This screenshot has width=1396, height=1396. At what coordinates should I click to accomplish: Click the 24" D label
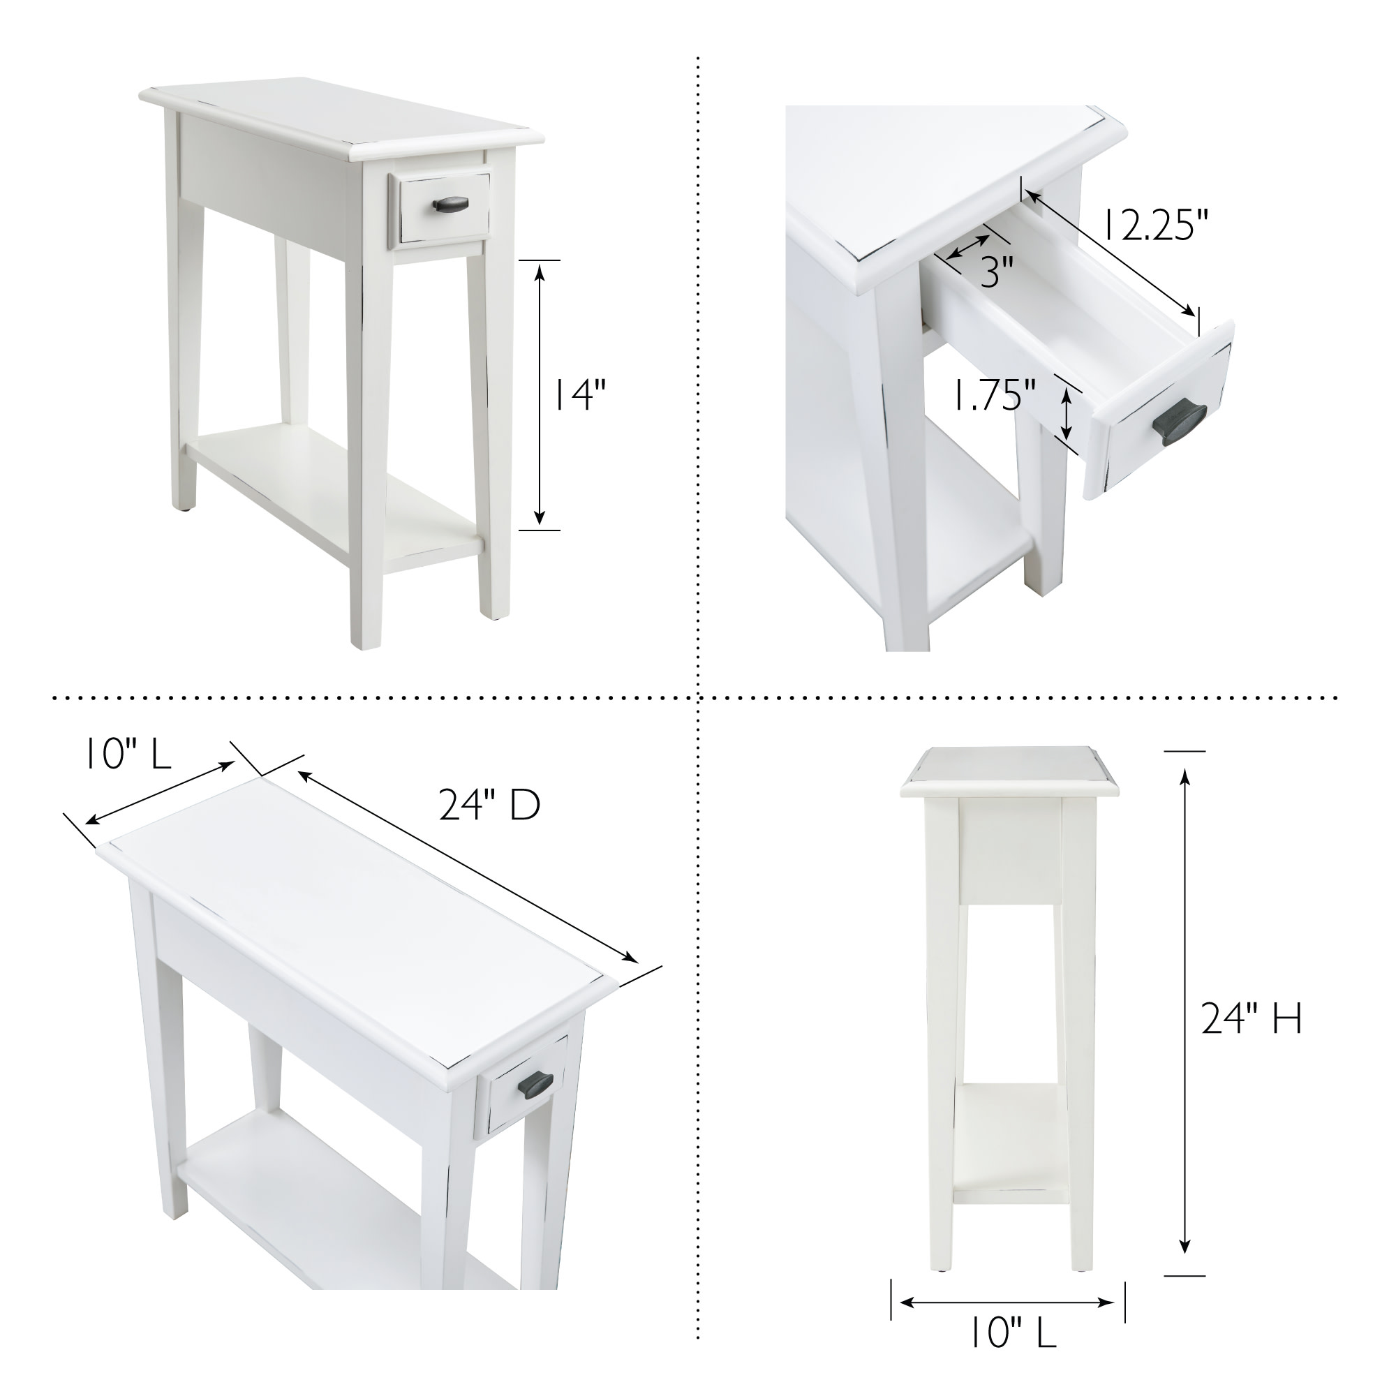[x=490, y=805]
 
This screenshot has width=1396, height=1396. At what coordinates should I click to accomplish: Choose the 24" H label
[x=1251, y=1019]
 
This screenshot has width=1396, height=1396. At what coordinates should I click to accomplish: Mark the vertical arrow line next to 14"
[x=540, y=394]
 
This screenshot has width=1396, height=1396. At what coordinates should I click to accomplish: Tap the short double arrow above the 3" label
[x=969, y=246]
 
